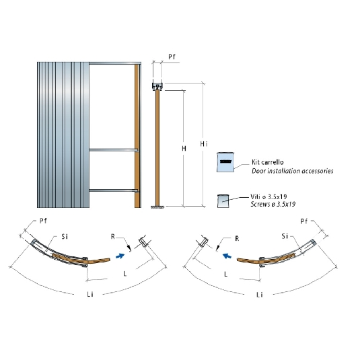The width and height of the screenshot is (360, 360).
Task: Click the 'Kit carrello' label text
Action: [x=267, y=162]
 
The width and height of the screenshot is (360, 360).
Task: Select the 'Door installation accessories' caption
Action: [x=293, y=171]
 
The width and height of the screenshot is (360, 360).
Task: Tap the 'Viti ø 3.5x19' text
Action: [x=268, y=196]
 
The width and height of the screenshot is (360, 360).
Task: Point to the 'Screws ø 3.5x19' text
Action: [x=273, y=204]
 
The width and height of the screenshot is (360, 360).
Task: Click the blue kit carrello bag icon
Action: [x=225, y=162]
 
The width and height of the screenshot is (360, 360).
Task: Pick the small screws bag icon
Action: [x=223, y=201]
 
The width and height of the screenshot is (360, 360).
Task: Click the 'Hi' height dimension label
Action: [x=204, y=144]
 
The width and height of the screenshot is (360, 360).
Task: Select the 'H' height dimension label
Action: [x=184, y=149]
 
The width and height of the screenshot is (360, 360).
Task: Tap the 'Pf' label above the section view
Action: [x=172, y=57]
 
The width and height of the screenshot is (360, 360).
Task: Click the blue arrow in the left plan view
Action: [x=120, y=256]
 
